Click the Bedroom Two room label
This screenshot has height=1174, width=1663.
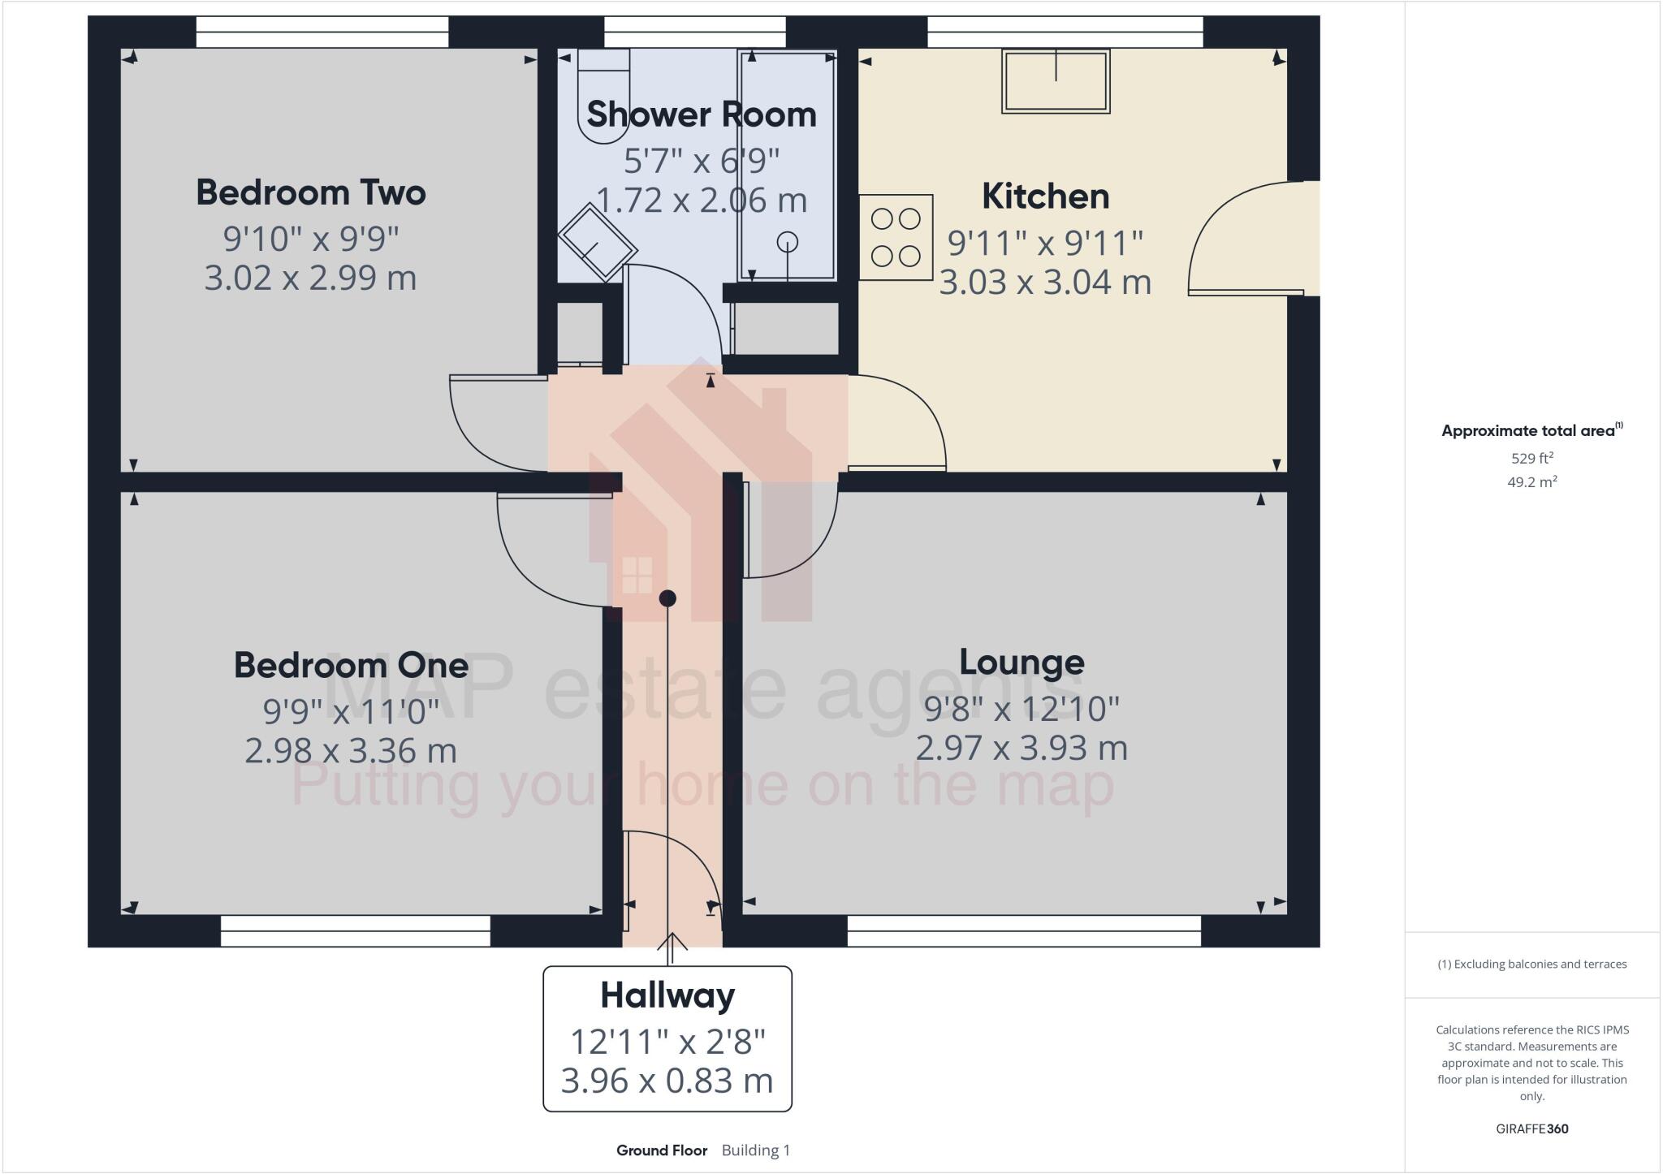310,193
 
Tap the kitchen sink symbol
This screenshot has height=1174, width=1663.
1055,81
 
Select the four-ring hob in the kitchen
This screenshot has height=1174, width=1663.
895,237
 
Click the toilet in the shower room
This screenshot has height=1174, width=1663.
603,96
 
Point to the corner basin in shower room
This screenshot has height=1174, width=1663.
597,242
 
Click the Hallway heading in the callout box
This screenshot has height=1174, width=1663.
667,995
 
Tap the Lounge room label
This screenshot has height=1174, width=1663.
1022,663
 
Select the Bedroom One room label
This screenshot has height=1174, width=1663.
351,666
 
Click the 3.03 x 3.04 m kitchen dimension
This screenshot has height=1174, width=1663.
1045,283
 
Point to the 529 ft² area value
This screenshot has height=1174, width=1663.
1531,458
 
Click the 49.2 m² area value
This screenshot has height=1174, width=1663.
1531,482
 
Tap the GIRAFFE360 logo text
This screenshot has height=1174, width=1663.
1531,1129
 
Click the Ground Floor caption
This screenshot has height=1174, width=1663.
661,1150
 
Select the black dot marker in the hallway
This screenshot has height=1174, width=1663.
667,598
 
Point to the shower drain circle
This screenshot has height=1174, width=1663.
787,242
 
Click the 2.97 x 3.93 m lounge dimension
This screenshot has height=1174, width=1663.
1022,749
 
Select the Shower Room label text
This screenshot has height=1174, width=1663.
701,115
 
